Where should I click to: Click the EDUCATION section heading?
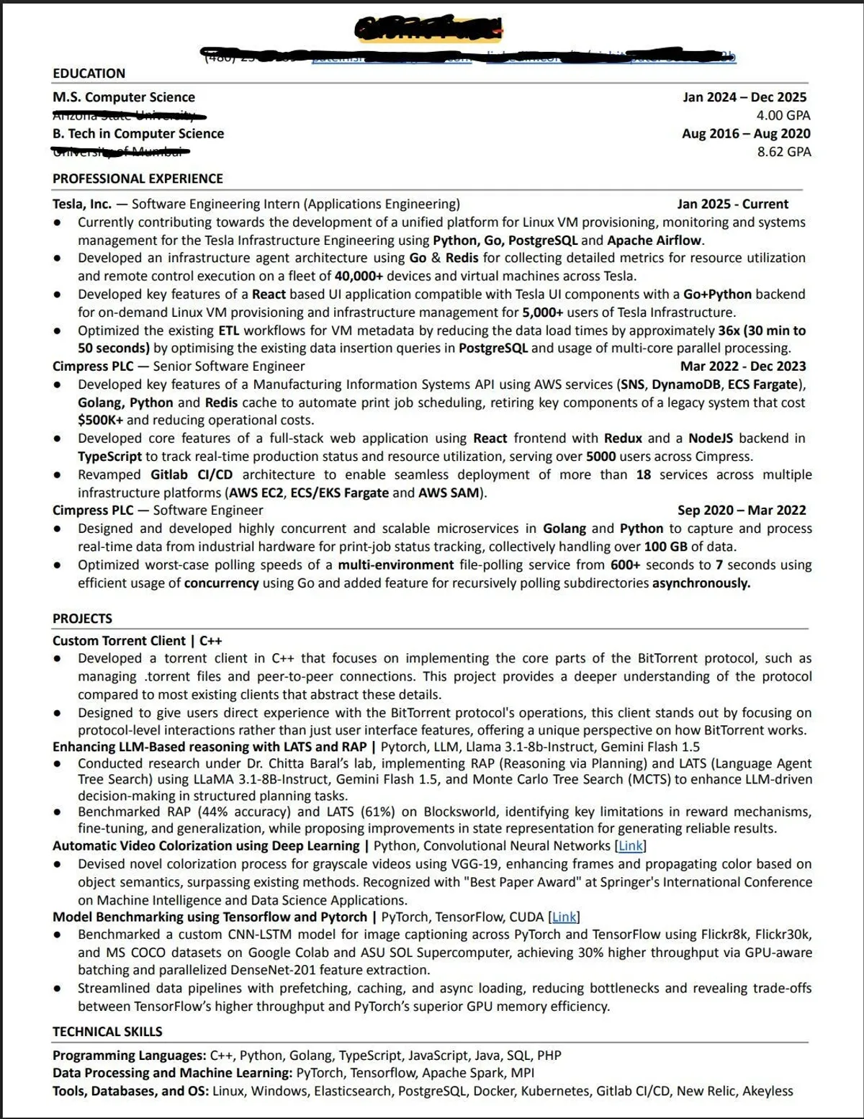coord(89,73)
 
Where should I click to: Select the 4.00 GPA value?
coord(783,115)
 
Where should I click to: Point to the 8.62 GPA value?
coord(783,152)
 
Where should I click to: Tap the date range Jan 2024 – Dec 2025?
coord(744,97)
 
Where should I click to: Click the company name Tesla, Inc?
coord(81,205)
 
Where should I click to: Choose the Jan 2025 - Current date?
coord(732,205)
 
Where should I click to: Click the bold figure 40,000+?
coord(359,276)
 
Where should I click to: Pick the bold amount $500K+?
coord(100,421)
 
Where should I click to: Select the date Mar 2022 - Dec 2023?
coord(743,367)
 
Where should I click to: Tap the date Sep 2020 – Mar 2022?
coord(742,511)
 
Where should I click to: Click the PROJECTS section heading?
coord(82,619)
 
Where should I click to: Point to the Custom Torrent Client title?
coord(119,641)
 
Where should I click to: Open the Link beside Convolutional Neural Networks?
coord(631,846)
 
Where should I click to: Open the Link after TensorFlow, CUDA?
coord(564,917)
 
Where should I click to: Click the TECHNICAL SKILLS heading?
coord(107,1032)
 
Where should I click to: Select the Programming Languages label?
coord(129,1056)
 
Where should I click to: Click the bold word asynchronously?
coord(701,583)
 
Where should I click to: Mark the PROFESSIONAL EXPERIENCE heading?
coord(138,179)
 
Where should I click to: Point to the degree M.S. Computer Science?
coord(123,97)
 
